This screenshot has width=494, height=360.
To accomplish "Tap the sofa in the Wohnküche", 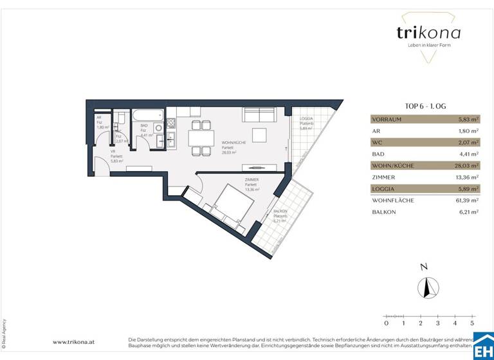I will (259, 116).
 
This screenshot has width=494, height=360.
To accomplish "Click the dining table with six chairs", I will (200, 138).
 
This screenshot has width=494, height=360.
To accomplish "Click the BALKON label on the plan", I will (280, 212).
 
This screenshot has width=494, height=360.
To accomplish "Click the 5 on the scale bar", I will (472, 324).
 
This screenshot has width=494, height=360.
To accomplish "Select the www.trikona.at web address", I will (73, 342).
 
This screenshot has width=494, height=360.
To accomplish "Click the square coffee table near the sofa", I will (259, 135).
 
